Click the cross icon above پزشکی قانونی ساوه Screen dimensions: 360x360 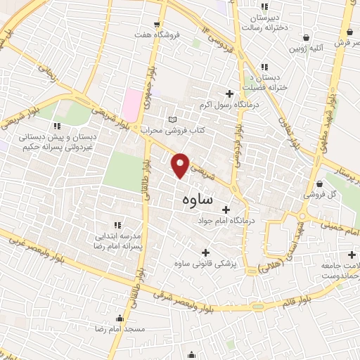[205, 252]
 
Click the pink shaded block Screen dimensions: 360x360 [131, 104]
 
